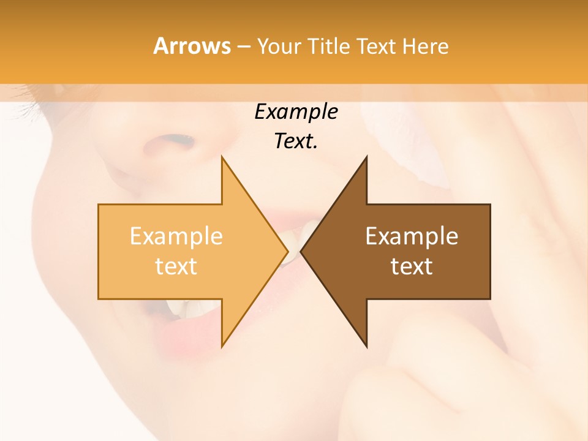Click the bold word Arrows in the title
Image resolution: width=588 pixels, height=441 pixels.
click(x=192, y=46)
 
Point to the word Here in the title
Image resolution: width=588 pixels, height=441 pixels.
click(x=426, y=46)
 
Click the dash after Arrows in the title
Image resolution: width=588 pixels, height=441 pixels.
click(x=243, y=47)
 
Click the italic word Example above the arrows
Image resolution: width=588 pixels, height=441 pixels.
click(x=296, y=112)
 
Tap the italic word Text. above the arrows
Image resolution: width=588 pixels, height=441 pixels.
click(x=296, y=141)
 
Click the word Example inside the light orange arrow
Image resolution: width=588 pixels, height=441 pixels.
click(x=176, y=236)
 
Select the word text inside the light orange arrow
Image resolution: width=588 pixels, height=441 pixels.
click(x=176, y=266)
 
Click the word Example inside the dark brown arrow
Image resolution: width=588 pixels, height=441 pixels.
click(x=412, y=236)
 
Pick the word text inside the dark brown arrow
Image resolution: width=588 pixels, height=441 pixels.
click(x=412, y=266)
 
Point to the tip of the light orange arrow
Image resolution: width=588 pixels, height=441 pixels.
click(x=287, y=252)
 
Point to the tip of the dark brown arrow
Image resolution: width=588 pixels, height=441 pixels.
click(x=302, y=252)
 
